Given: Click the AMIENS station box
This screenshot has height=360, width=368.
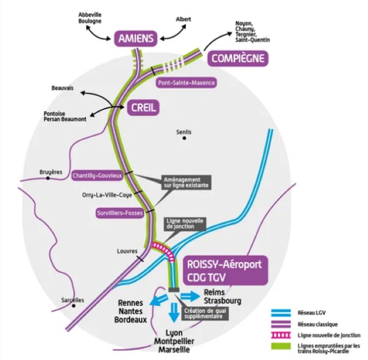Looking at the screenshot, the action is coord(136,38).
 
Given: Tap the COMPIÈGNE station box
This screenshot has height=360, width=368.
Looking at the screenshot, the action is coord(238,58).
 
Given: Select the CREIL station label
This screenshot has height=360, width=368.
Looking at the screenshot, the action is coord(143,108).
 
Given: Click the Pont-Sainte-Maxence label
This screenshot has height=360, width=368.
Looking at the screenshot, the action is coord(186,83).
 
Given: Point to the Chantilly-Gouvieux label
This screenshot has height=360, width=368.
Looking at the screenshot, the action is coord(97,176).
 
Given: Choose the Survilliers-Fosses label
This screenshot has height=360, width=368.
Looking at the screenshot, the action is coord(120,213).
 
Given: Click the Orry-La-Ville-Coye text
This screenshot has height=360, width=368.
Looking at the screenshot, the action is coord(107,195).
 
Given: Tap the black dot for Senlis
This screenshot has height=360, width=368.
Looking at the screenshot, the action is coord(184,138).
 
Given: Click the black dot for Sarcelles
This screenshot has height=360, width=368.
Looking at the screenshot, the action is coord(74,306).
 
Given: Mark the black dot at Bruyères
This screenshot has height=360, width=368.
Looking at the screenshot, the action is coord(48,178).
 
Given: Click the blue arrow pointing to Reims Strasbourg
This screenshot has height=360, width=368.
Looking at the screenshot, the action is coord(190,296).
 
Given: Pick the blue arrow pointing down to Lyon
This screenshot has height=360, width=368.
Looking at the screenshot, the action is coord(174,313).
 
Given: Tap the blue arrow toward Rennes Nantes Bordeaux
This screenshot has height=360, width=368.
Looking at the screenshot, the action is coord(159,300).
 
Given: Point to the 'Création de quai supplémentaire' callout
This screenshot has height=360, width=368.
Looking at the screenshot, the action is coord(205,314).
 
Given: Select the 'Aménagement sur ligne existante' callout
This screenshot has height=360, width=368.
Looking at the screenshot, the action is coord(186,182).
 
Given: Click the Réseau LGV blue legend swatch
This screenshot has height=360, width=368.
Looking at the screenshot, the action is coord(281,313).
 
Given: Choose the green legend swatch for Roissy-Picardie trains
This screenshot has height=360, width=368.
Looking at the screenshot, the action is coord(281,346).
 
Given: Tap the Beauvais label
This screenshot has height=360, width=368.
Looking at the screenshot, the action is coord(63,88).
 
